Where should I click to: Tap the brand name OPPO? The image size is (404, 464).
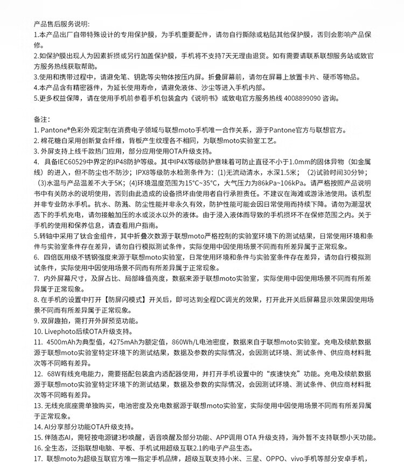pos(283,458)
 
